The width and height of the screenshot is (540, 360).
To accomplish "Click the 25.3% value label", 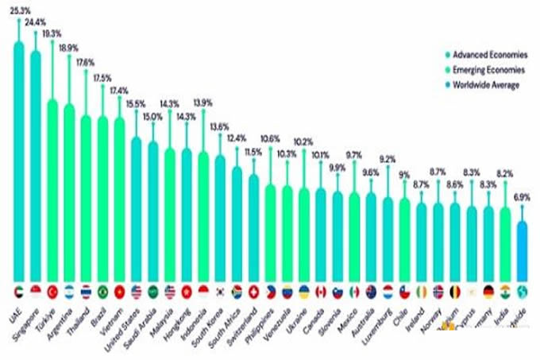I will [x=19, y=11].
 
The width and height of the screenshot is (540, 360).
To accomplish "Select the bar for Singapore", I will [x=35, y=159].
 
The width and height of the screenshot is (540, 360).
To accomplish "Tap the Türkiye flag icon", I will [x=52, y=291].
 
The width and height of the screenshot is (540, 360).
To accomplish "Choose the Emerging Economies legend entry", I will [x=488, y=70].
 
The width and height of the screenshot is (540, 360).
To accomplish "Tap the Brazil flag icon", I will [x=102, y=291].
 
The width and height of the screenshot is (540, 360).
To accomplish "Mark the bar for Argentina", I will [x=69, y=191].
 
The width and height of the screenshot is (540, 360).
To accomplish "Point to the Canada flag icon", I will [x=320, y=291].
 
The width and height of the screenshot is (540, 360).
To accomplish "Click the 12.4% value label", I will [x=237, y=138].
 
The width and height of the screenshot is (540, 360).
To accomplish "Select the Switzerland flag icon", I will [x=254, y=291].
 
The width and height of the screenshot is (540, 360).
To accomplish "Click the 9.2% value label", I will [x=388, y=159].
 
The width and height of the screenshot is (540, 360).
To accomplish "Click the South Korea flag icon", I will [x=220, y=291].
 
